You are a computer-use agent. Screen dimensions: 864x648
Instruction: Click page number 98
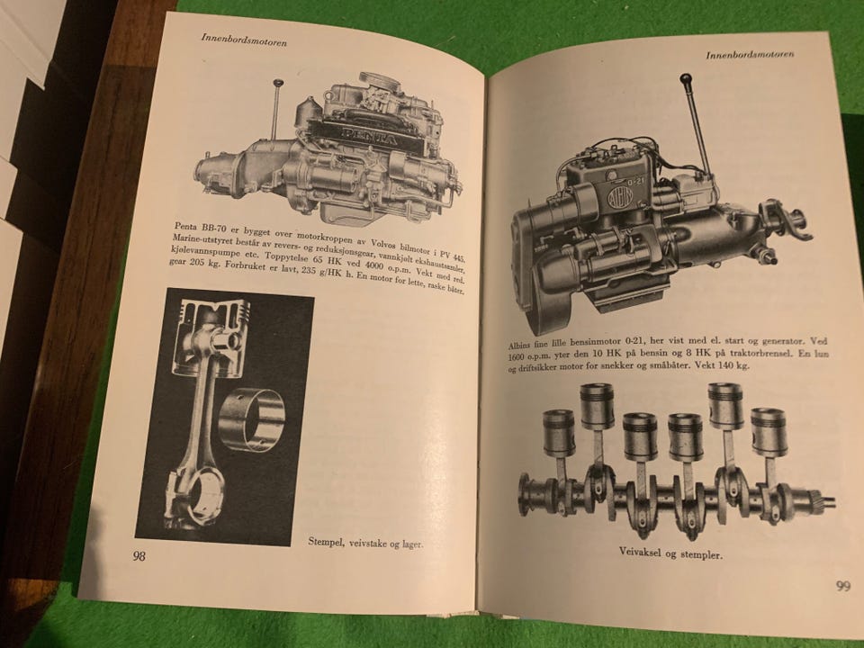point(139,556)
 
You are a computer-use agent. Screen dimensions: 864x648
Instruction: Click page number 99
point(843,586)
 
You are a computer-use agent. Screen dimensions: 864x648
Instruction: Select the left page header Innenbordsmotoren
point(244,40)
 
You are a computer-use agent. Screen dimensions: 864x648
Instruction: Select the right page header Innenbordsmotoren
point(750,54)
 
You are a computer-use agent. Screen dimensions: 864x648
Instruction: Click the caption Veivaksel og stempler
point(670,553)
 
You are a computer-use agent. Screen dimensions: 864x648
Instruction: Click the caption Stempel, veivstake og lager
point(365,543)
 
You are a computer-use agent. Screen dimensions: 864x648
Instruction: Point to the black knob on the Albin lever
point(686,81)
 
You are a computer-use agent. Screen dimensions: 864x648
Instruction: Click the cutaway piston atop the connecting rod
point(211,337)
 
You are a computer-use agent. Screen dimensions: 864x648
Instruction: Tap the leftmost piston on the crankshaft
point(559,433)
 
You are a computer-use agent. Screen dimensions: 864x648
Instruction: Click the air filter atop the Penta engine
point(379,82)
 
